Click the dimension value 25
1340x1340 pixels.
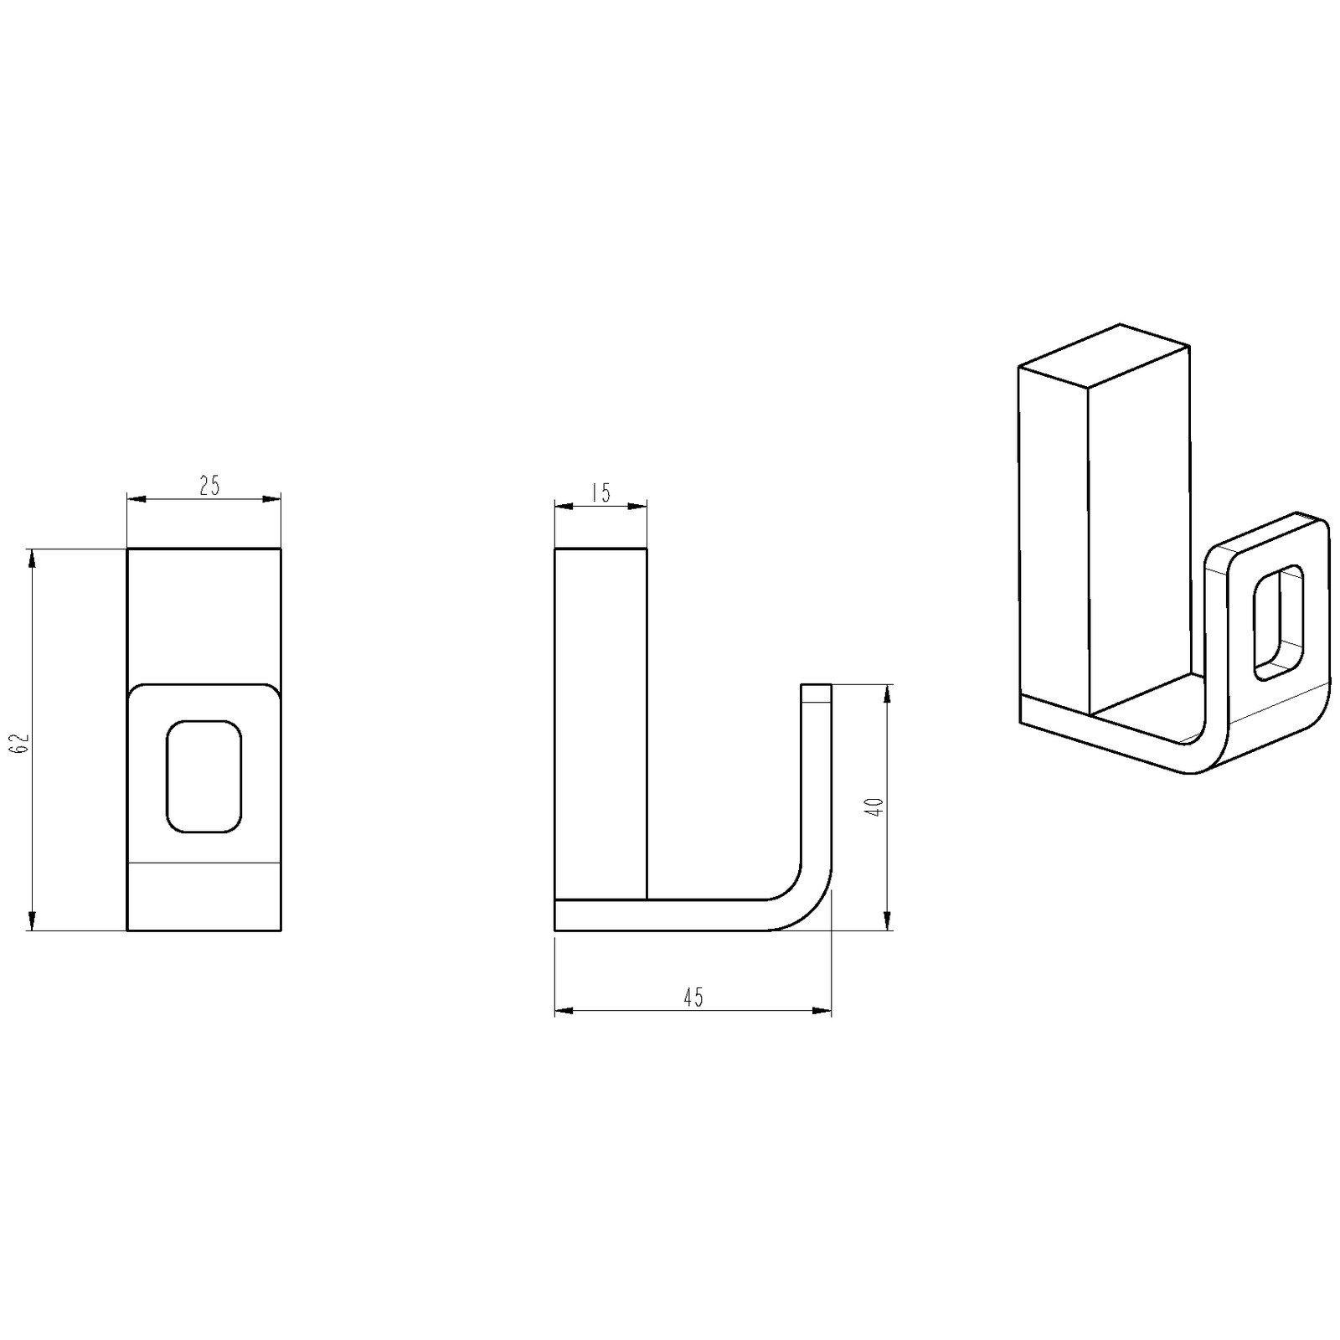pyautogui.click(x=209, y=486)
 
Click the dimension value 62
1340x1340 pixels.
pyautogui.click(x=23, y=742)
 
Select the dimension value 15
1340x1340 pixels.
pyautogui.click(x=600, y=492)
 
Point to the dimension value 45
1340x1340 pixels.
pyautogui.click(x=693, y=997)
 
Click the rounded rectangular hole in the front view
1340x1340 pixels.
pyautogui.click(x=204, y=776)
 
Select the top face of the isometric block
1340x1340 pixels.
pyautogui.click(x=1104, y=356)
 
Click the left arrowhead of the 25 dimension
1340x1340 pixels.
pyautogui.click(x=137, y=500)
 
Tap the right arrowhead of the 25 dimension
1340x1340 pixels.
pyautogui.click(x=271, y=500)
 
